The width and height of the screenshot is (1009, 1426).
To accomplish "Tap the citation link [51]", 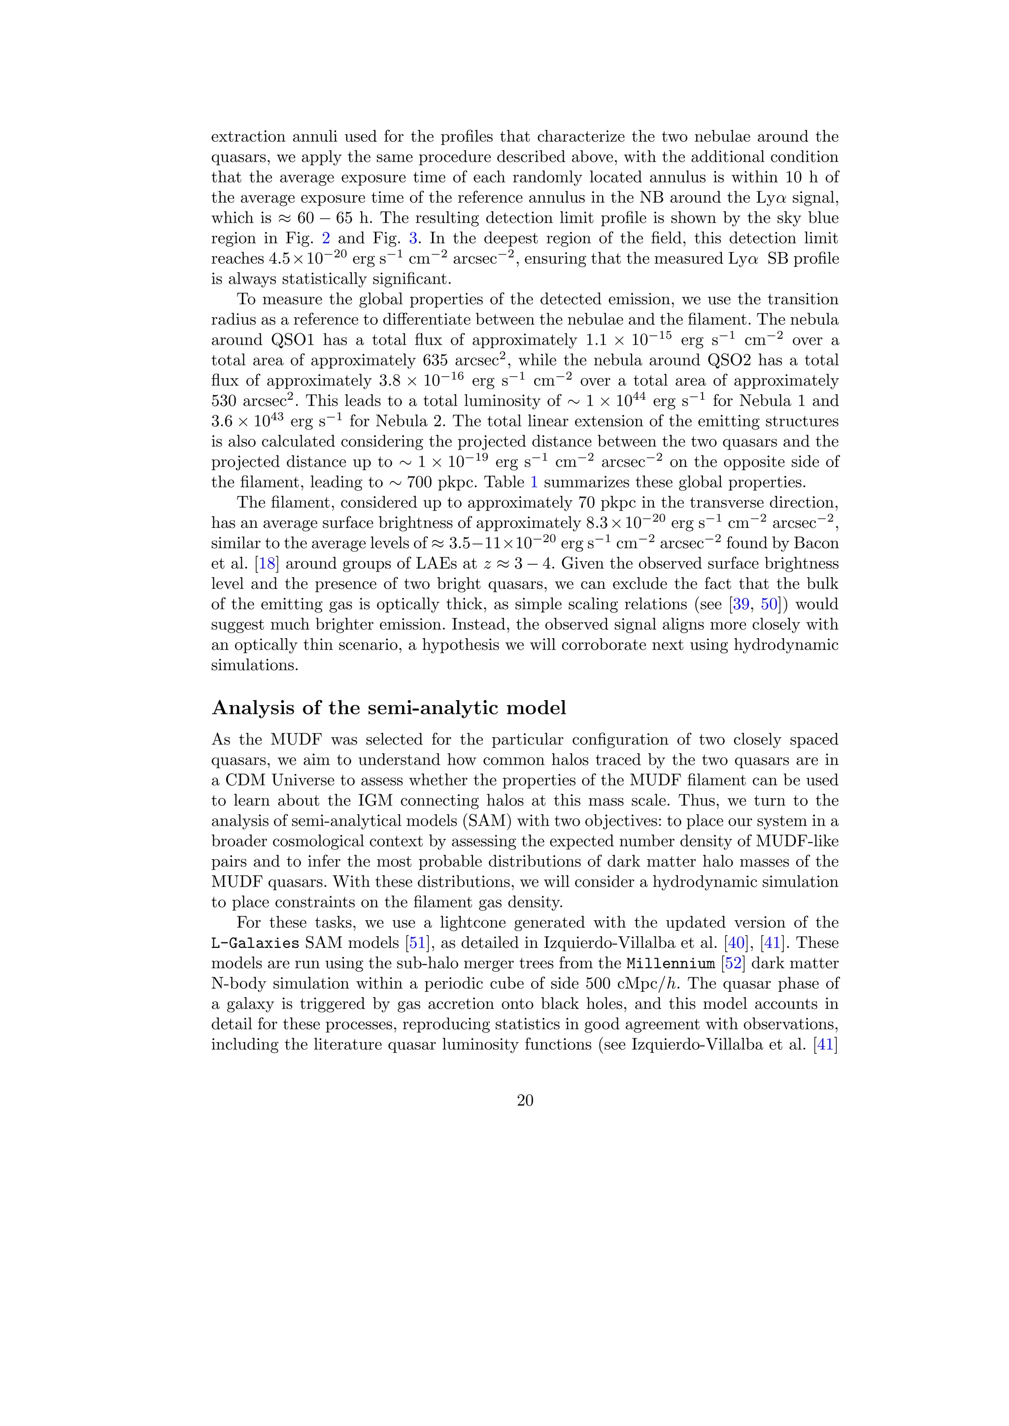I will [414, 943].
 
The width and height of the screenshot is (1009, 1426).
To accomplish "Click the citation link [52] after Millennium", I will [734, 963].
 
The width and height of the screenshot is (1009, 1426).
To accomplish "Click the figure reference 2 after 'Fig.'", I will [326, 238].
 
